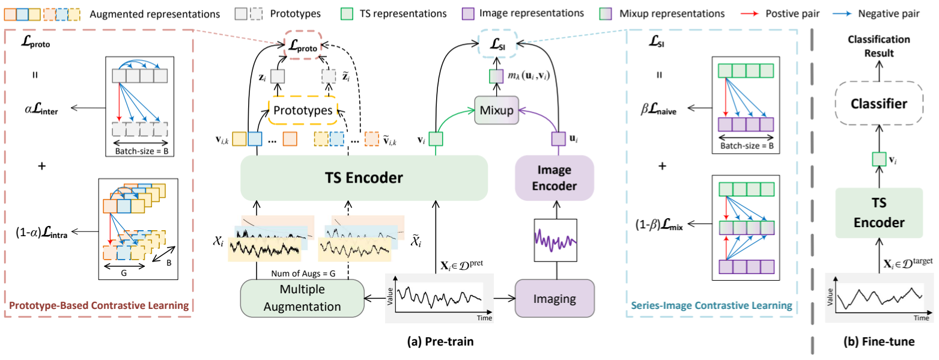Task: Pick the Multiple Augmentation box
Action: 302,299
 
